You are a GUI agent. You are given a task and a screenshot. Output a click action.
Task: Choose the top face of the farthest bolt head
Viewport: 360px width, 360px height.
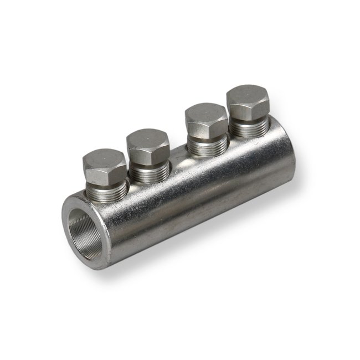(248, 95)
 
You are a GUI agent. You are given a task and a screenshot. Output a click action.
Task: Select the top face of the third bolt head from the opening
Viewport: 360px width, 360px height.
(205, 114)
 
